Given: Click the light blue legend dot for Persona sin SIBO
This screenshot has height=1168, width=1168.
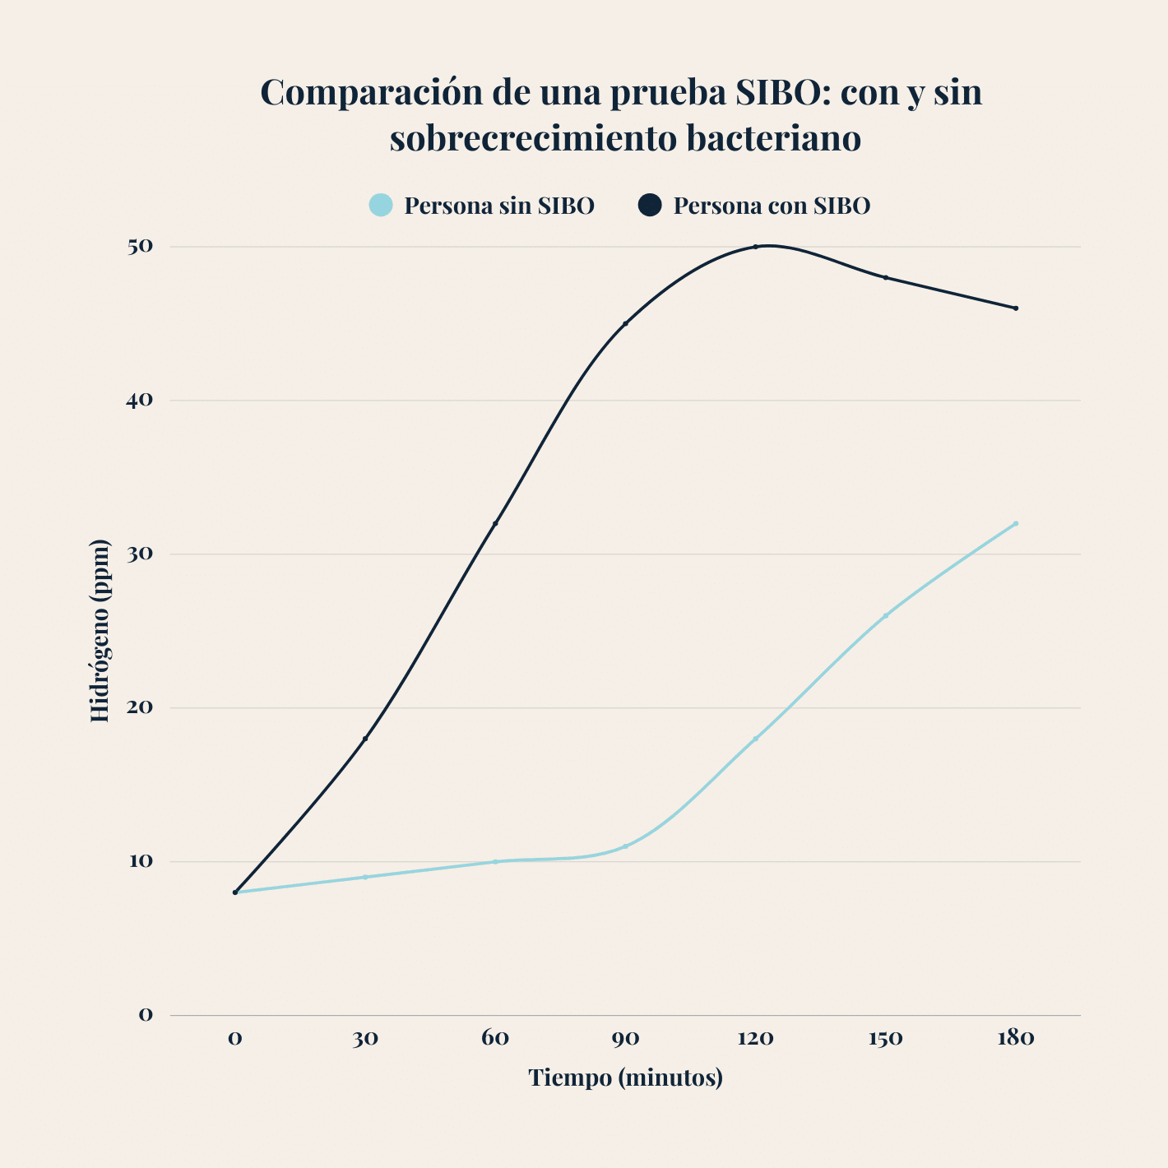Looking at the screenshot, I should (380, 205).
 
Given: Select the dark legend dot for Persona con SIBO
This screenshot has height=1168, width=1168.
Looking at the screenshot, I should (650, 205).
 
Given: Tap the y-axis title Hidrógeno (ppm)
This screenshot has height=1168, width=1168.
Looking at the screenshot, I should (100, 631).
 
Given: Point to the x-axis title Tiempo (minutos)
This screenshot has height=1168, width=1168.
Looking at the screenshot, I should (625, 1078).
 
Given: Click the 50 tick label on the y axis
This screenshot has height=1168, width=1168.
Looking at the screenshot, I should (140, 246).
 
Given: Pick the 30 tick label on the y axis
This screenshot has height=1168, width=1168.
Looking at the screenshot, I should (140, 554).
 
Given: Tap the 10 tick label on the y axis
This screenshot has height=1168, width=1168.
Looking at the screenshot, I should (140, 861).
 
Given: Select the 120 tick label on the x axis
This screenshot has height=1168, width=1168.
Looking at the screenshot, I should (755, 1038).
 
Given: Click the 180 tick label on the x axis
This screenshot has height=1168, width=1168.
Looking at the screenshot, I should (1015, 1038).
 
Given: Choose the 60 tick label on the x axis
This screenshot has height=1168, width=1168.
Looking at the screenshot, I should (495, 1038).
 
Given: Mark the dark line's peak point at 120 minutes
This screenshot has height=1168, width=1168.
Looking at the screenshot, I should (755, 247).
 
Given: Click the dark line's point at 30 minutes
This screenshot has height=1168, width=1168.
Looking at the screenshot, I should (365, 739).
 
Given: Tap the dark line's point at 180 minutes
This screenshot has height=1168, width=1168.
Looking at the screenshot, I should (1016, 308).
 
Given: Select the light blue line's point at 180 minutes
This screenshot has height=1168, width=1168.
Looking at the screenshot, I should (1016, 523).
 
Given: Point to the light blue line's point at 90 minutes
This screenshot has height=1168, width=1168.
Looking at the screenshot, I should (625, 846).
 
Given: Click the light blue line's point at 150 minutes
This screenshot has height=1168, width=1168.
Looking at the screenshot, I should (886, 615).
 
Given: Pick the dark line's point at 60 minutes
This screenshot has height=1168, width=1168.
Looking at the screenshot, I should (495, 523).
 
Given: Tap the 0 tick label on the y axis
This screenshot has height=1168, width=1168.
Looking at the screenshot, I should (146, 1015).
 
